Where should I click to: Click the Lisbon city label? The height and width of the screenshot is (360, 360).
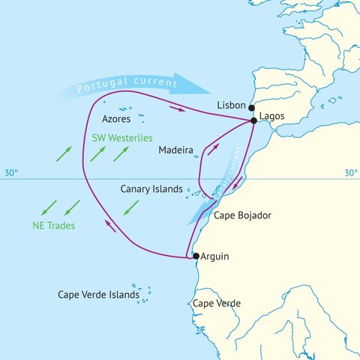(231, 106)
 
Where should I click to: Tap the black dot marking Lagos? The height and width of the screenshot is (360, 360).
(254, 121)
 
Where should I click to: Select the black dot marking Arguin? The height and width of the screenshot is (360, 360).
(196, 256)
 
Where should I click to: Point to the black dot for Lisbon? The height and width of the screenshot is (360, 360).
(251, 107)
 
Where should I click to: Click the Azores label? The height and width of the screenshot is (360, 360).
(116, 118)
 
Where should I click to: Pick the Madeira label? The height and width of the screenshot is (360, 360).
(176, 150)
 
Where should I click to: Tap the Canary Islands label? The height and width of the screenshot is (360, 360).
(151, 189)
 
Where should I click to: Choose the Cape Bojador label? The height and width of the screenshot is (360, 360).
(242, 215)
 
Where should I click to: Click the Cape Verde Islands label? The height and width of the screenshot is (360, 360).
(98, 295)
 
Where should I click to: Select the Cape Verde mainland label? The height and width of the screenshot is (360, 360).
(217, 303)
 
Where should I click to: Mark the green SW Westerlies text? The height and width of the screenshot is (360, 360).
(122, 138)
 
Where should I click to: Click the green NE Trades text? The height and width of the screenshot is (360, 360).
(53, 226)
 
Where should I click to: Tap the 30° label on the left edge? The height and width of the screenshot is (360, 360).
(10, 173)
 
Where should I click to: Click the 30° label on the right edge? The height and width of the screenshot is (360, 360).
(350, 173)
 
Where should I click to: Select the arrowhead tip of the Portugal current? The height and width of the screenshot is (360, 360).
(196, 82)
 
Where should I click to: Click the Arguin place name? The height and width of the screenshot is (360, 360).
(214, 256)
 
